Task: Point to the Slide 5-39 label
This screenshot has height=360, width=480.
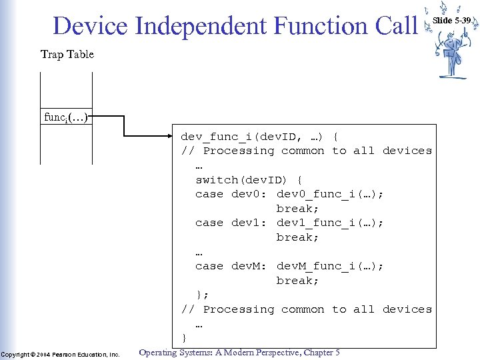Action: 451,21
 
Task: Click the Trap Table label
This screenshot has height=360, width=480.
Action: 67,54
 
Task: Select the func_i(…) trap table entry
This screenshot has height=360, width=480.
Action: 66,117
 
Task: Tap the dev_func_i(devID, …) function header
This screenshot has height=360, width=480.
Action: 260,137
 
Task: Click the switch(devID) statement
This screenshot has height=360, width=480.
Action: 249,180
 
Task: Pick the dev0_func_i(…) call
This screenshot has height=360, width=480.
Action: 330,194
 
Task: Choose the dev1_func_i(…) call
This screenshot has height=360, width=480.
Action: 330,223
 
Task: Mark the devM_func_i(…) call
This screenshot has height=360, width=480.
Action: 330,266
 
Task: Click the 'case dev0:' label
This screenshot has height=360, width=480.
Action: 231,194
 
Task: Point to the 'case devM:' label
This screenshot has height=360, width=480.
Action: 231,266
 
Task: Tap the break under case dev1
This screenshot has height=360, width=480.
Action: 298,237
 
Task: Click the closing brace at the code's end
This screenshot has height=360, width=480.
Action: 185,337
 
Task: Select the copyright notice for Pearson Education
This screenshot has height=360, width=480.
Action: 61,354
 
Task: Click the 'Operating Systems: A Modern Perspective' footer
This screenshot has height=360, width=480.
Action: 239,352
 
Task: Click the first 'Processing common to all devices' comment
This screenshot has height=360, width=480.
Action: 307,151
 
